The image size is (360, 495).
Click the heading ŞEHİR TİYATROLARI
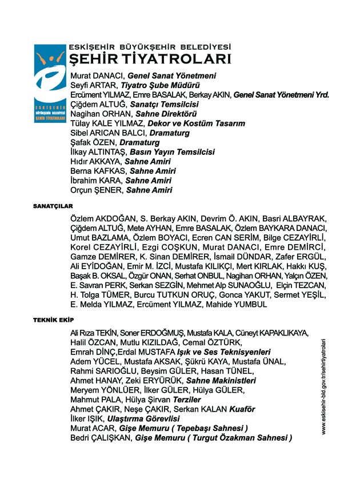150,59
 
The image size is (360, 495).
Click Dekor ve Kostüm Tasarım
196,123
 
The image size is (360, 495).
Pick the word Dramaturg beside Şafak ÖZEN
139,142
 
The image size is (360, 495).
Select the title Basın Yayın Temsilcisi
172,152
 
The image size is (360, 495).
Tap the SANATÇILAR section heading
53,205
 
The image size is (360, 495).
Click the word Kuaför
242,409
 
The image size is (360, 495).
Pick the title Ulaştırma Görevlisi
143,419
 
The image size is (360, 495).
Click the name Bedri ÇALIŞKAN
101,438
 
